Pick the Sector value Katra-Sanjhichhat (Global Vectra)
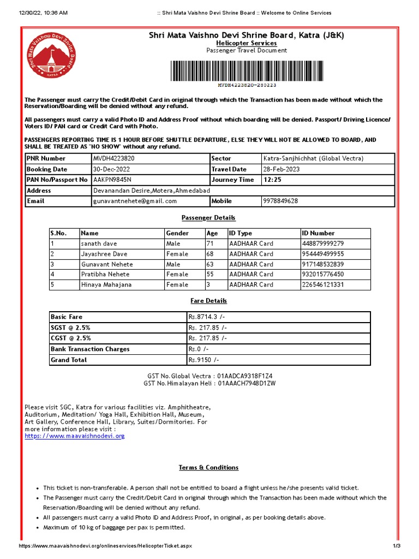[x=313, y=159]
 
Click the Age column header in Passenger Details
[x=212, y=233]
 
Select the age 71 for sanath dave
[x=210, y=243]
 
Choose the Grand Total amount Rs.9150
[x=203, y=360]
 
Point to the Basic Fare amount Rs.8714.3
[x=207, y=317]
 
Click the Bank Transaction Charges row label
[x=90, y=349]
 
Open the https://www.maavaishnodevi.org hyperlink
[x=75, y=436]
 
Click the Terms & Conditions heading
[x=208, y=468]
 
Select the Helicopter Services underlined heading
[x=246, y=43]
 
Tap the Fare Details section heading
[x=208, y=301]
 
